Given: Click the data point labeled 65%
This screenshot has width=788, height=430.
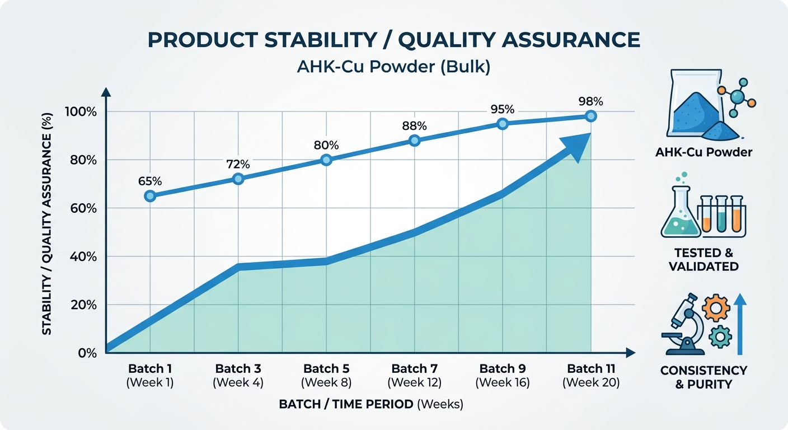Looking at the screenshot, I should coord(149,196).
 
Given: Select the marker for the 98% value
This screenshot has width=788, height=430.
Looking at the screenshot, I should coord(591,116).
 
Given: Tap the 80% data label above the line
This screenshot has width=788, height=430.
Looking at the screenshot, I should coord(326,145).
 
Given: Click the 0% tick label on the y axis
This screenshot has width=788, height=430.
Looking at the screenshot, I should coord(87,353).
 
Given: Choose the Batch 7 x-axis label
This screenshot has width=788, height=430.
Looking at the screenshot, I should coord(414,369).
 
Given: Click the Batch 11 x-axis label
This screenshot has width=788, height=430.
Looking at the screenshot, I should coord(591,369).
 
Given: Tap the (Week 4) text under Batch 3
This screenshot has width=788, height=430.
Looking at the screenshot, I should coord(238,383).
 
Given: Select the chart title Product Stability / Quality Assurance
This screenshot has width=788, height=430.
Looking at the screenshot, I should coord(393,40).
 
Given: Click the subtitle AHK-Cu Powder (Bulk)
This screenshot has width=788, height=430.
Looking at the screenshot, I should coord(394,67).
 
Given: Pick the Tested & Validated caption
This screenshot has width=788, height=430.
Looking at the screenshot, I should coord(703,260).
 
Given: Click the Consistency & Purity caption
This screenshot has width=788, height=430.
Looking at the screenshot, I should coord(703,377).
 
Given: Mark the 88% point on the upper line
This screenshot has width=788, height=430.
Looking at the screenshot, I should coord(414,141).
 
